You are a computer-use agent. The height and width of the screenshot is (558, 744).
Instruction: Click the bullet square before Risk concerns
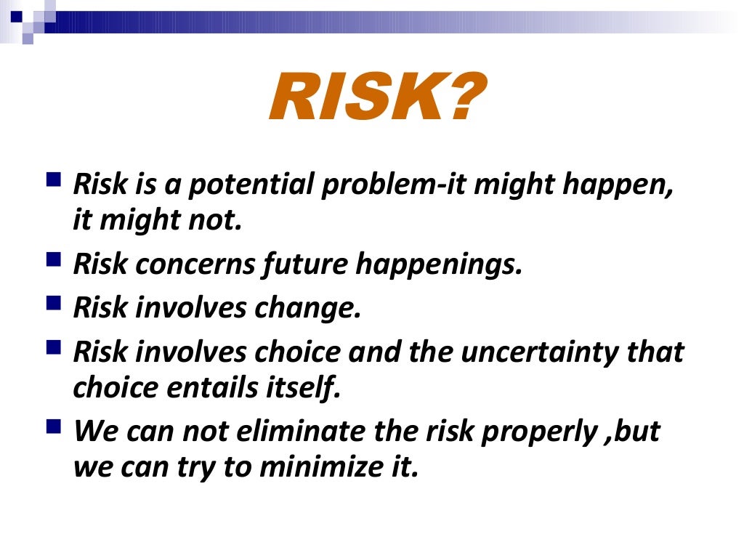click(x=54, y=259)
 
